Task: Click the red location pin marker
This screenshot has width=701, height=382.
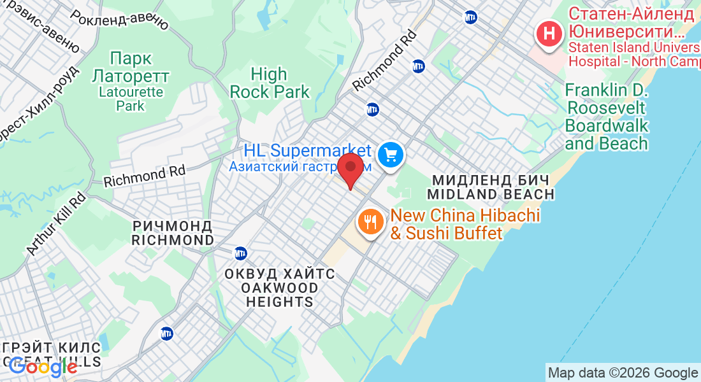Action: [350, 169]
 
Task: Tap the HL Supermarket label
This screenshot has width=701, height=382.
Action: [307, 151]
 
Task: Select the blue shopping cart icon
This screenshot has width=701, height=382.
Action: [389, 154]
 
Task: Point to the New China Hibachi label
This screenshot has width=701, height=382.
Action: [465, 216]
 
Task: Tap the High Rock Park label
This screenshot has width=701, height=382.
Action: [269, 83]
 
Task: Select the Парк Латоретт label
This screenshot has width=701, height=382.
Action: [131, 67]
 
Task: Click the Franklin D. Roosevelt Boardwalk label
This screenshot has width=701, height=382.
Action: [607, 117]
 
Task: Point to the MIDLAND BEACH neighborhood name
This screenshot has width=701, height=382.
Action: [490, 194]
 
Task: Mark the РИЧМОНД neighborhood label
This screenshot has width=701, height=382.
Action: [173, 225]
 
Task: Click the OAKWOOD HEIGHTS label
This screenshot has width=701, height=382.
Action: [279, 295]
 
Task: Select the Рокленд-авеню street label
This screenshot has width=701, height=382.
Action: [120, 20]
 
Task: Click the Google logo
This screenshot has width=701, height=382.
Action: [43, 367]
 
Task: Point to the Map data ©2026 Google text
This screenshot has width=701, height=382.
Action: [623, 373]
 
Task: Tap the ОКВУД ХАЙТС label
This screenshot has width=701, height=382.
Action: [279, 274]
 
